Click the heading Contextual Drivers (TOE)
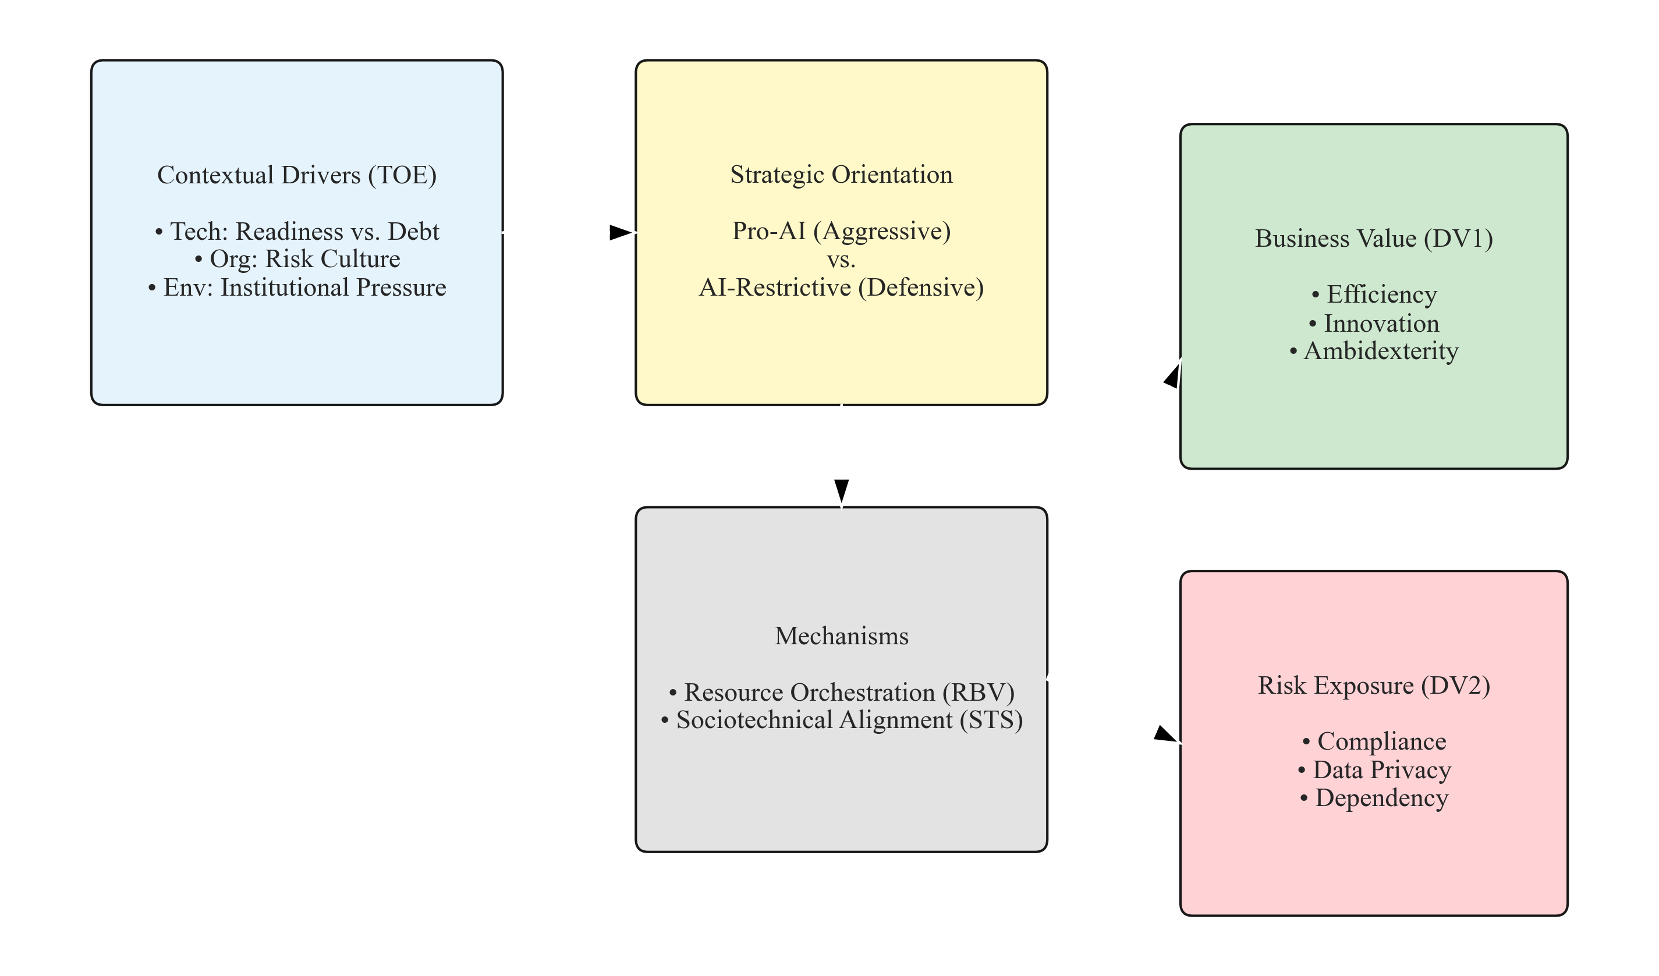click(x=297, y=175)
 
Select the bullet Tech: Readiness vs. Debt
click(x=297, y=232)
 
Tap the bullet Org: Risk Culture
click(x=297, y=260)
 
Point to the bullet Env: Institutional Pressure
click(x=297, y=288)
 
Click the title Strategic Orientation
click(x=841, y=175)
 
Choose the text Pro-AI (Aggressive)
click(x=841, y=231)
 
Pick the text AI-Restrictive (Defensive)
click(x=841, y=288)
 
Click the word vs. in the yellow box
click(x=841, y=260)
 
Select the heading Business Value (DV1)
click(x=1373, y=238)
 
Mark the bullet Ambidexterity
click(x=1373, y=351)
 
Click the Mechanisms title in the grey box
click(x=841, y=636)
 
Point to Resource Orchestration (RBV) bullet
click(x=841, y=693)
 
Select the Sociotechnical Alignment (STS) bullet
click(x=841, y=720)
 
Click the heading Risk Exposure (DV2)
click(x=1373, y=685)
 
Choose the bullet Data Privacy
click(x=1373, y=769)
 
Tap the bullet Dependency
click(x=1373, y=798)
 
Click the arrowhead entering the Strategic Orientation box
click(x=619, y=232)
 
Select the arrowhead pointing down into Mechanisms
click(x=841, y=490)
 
